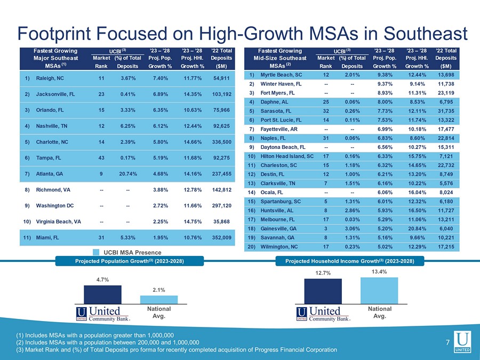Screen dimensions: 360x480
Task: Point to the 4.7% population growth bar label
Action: click(x=103, y=279)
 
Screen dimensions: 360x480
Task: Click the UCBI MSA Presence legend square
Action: click(x=96, y=252)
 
